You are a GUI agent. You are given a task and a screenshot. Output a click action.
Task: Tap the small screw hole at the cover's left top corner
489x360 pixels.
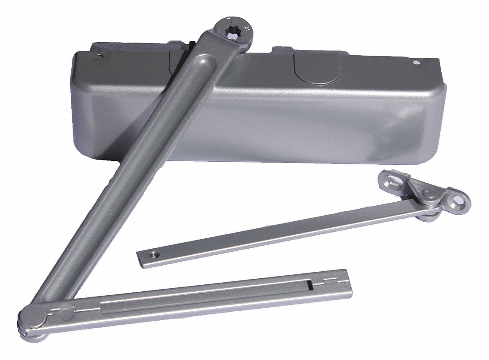[x=100, y=57]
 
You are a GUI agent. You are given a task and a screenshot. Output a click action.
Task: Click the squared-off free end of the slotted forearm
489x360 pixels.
[x=346, y=285]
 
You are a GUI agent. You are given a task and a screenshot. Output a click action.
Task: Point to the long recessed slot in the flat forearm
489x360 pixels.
[x=204, y=300]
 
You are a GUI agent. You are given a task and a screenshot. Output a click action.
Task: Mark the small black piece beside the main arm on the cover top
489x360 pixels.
[x=191, y=44]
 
